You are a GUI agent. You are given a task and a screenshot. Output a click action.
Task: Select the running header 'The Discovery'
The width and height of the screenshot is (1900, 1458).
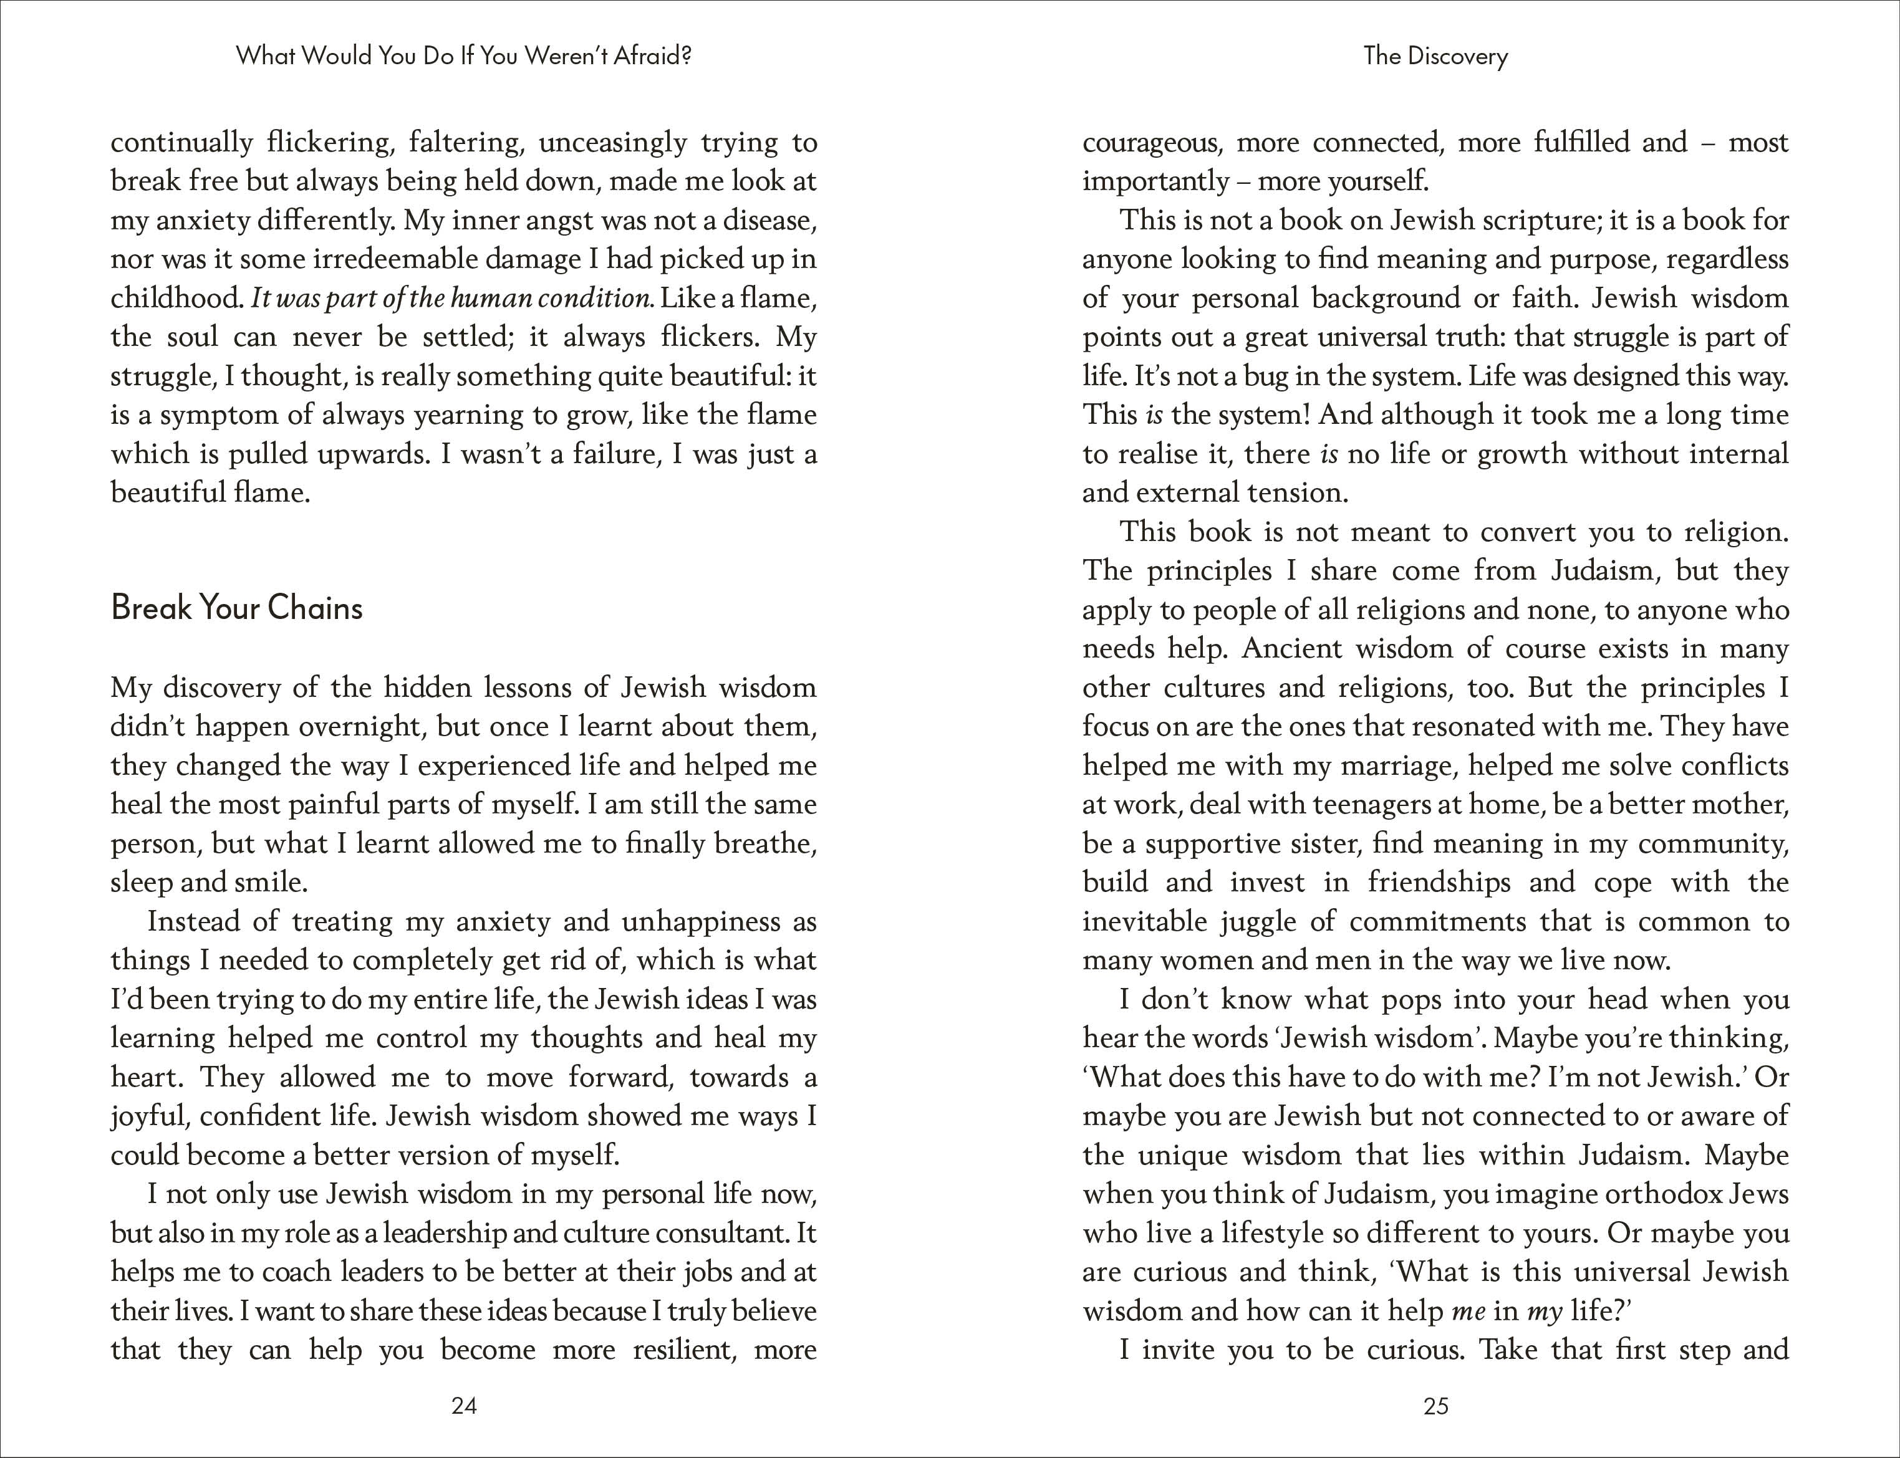click(1435, 56)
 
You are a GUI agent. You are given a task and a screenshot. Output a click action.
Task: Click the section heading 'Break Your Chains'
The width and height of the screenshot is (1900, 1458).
click(237, 608)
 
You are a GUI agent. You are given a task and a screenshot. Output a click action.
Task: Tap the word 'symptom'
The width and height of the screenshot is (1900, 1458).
click(219, 416)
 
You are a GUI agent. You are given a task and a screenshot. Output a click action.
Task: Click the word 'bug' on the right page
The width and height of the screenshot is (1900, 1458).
click(1227, 376)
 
